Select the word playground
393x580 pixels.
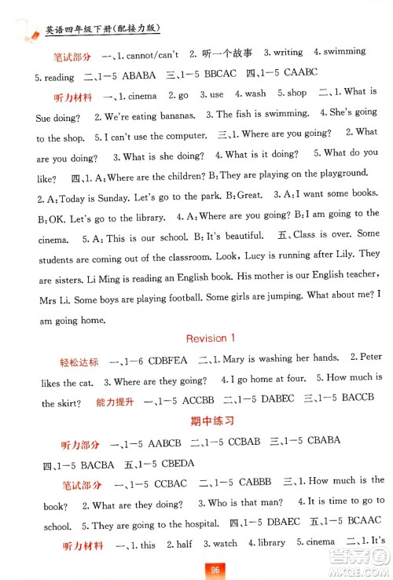click(339, 173)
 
